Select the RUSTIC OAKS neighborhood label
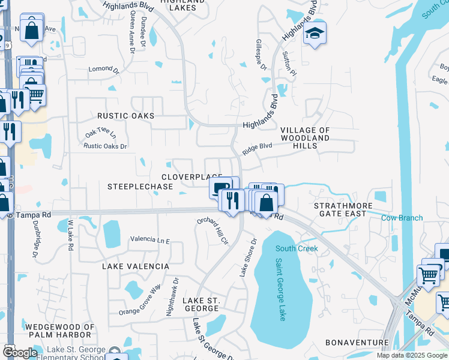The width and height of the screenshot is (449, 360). [127, 116]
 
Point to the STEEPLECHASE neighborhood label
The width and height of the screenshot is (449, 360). [140, 187]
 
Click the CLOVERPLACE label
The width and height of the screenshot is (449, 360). [192, 177]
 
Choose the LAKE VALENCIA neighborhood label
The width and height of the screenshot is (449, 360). [135, 266]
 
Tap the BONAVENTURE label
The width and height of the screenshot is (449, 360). [357, 343]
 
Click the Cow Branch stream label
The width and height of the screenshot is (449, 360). [402, 218]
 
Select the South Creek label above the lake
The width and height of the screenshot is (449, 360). [296, 248]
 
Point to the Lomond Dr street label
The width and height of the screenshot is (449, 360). [101, 70]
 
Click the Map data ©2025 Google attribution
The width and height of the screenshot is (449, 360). [411, 355]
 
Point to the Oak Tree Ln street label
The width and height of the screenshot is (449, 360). [99, 132]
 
